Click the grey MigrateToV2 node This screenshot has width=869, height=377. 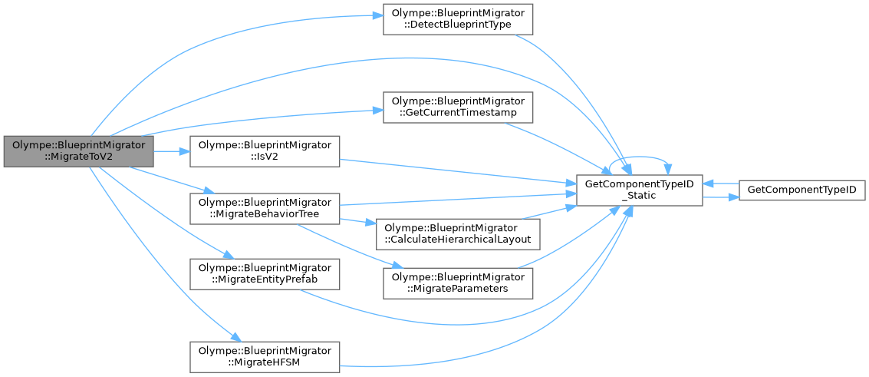click(78, 151)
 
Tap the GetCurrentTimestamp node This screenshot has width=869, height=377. click(458, 106)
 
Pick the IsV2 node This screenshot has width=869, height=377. click(265, 151)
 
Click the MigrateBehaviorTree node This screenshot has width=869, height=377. click(265, 207)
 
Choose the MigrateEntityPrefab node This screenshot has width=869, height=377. click(265, 273)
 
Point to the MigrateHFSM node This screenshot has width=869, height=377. click(265, 356)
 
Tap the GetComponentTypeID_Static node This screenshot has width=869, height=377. click(639, 189)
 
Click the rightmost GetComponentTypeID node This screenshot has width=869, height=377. click(802, 189)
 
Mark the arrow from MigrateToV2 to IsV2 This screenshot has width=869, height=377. click(172, 151)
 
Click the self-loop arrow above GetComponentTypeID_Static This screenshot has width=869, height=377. click(640, 160)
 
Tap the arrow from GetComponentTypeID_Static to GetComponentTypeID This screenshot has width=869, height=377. click(720, 197)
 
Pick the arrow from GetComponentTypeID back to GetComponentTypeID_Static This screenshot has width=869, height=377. click(720, 184)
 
